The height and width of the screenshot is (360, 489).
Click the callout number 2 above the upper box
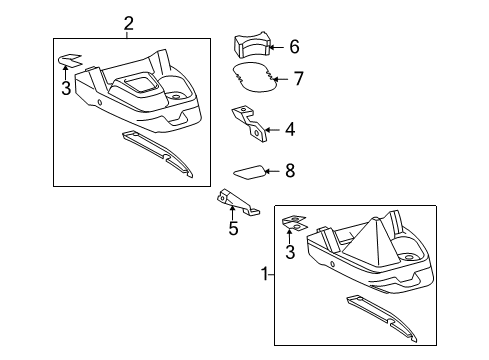(129, 23)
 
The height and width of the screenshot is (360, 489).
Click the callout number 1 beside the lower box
(265, 272)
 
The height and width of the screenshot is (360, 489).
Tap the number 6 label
(294, 46)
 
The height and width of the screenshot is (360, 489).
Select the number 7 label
(298, 78)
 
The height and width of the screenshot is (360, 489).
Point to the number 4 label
(290, 128)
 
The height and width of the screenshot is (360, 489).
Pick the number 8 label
(290, 171)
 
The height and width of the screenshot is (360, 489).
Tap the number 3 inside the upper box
(67, 89)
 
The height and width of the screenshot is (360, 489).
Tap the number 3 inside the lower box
(291, 252)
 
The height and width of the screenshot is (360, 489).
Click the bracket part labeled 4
(249, 123)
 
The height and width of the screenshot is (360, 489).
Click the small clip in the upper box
(68, 61)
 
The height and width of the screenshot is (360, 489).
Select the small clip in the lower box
(293, 223)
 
